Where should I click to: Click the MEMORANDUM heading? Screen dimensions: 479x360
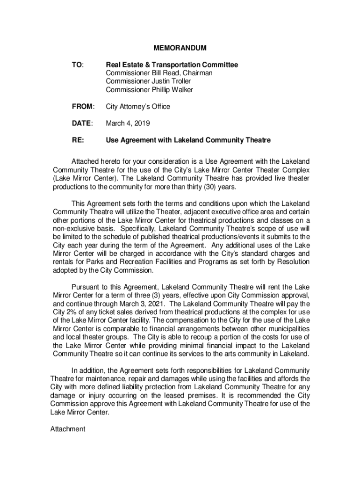[180, 48]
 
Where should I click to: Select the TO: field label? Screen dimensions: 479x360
[77, 65]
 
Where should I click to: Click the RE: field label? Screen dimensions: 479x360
[78, 140]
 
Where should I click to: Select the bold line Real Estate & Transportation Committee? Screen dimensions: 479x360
[172, 65]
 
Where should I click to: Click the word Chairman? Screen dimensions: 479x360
[197, 73]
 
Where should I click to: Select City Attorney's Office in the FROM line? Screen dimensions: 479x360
[137, 107]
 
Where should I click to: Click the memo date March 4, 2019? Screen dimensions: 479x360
[128, 123]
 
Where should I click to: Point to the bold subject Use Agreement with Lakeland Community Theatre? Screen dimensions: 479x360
[188, 140]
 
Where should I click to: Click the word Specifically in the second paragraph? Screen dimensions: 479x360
[138, 229]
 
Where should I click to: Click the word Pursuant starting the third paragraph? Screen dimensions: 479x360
[86, 287]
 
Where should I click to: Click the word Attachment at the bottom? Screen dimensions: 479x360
[68, 428]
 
